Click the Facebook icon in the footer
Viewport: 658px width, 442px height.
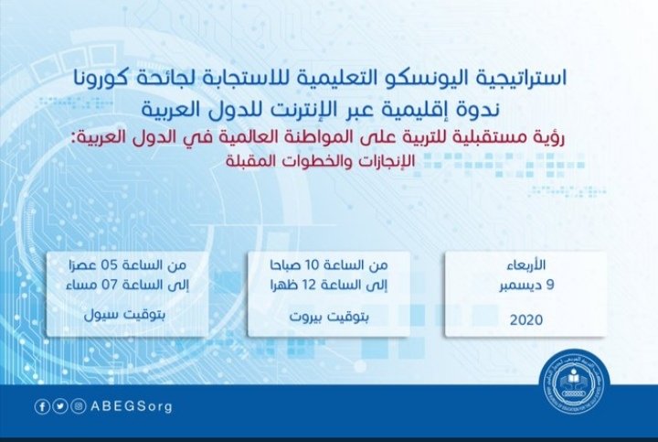(42, 406)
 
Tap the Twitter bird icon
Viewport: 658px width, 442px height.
(60, 406)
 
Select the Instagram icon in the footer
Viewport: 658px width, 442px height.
(79, 406)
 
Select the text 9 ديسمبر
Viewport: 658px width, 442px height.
(527, 286)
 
